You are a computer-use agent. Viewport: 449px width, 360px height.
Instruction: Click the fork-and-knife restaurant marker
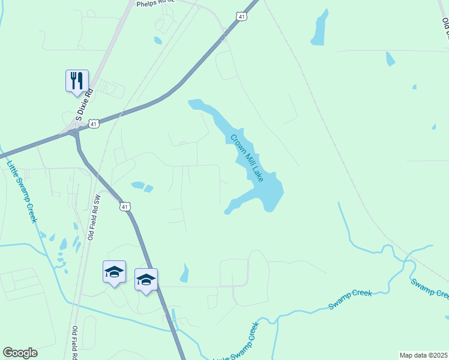[77, 80]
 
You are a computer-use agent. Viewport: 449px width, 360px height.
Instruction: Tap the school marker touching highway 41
[146, 280]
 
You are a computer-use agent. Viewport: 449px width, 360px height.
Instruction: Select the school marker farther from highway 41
[114, 272]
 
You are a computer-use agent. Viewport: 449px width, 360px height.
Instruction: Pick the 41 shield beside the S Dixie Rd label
[94, 124]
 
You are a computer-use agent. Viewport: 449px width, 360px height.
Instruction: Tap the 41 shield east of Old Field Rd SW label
[124, 206]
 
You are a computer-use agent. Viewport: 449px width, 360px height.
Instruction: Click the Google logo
[20, 353]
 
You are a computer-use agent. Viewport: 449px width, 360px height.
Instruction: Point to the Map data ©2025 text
[423, 355]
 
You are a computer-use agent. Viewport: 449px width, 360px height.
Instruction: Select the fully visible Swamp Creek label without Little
[350, 300]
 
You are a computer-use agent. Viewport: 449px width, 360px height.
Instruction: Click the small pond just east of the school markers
[184, 274]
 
